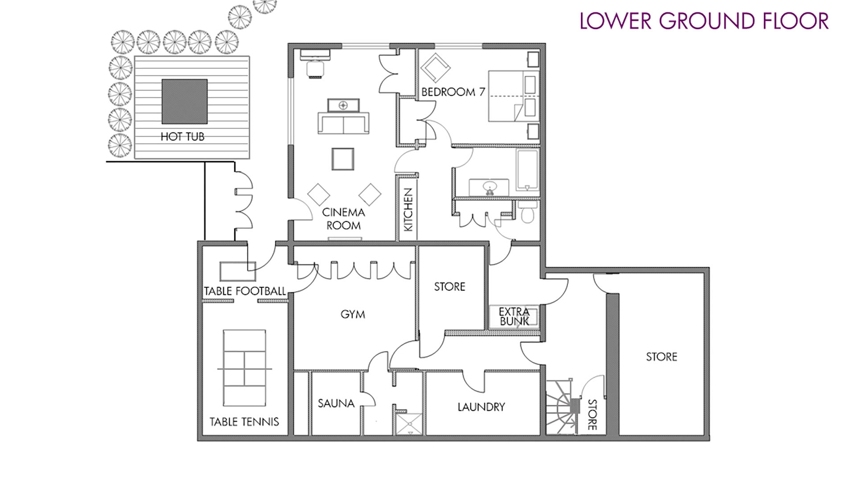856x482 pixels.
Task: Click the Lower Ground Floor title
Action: point(704,21)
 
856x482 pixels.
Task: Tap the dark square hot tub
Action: point(185,102)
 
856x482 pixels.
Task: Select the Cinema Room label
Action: point(343,219)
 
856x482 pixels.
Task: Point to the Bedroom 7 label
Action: point(453,92)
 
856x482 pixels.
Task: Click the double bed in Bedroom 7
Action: point(514,96)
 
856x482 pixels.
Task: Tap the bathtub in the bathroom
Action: point(527,170)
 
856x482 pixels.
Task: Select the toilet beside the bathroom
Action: point(528,212)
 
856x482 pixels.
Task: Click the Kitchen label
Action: point(408,210)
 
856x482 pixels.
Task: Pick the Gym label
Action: point(353,315)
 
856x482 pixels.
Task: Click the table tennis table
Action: point(245,368)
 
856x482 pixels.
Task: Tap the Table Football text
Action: point(245,291)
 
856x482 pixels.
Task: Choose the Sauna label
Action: point(336,403)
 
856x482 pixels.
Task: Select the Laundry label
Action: point(481,407)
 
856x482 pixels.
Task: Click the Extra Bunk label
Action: point(514,316)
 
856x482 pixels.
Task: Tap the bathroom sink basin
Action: point(490,187)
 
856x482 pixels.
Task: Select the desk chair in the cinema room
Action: point(316,69)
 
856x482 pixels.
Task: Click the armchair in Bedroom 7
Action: point(435,68)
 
